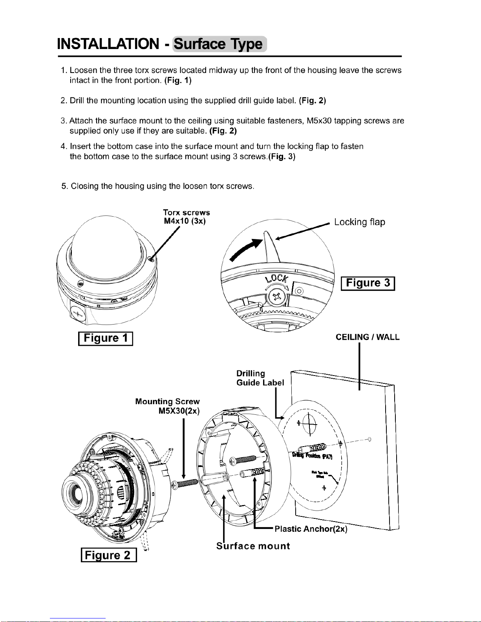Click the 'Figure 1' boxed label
(106, 338)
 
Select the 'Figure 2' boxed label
(108, 555)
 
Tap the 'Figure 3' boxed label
(368, 283)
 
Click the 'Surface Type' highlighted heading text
(219, 44)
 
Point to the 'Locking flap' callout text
(359, 222)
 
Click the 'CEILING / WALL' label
(367, 337)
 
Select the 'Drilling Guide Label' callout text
(260, 378)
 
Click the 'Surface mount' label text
(253, 546)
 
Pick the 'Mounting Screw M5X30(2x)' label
(168, 406)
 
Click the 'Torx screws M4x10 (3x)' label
(187, 217)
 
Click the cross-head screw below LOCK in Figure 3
(279, 296)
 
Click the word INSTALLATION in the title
(108, 44)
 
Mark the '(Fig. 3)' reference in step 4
(282, 157)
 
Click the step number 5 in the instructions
(64, 186)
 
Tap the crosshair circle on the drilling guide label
(310, 423)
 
